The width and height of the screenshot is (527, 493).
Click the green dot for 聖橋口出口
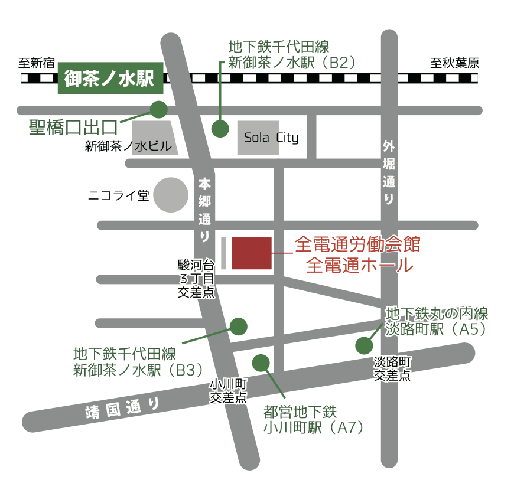(x=158, y=109)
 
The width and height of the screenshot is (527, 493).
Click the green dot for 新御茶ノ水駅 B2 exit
(x=220, y=129)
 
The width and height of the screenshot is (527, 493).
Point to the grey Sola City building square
(x=258, y=138)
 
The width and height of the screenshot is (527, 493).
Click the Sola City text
(x=271, y=138)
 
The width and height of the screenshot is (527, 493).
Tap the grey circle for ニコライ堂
(x=171, y=195)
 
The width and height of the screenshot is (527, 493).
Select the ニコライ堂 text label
(x=118, y=195)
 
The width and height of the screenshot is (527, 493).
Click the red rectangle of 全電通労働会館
(x=252, y=253)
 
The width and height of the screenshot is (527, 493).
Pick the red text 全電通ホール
(x=360, y=265)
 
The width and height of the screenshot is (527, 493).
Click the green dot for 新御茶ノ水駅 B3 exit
(x=238, y=326)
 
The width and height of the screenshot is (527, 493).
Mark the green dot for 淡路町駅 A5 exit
(x=363, y=345)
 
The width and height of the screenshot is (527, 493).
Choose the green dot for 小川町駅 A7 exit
(x=261, y=363)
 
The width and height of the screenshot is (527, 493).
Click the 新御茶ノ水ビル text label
(x=128, y=147)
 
